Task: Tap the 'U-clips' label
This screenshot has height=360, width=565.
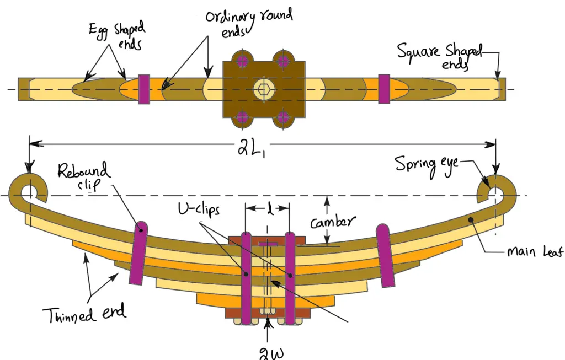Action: coord(196,209)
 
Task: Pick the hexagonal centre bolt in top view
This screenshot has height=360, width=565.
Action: coord(263,89)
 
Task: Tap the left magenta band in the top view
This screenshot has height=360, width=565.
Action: coord(144,88)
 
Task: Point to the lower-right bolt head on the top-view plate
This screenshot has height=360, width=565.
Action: coord(284,116)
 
